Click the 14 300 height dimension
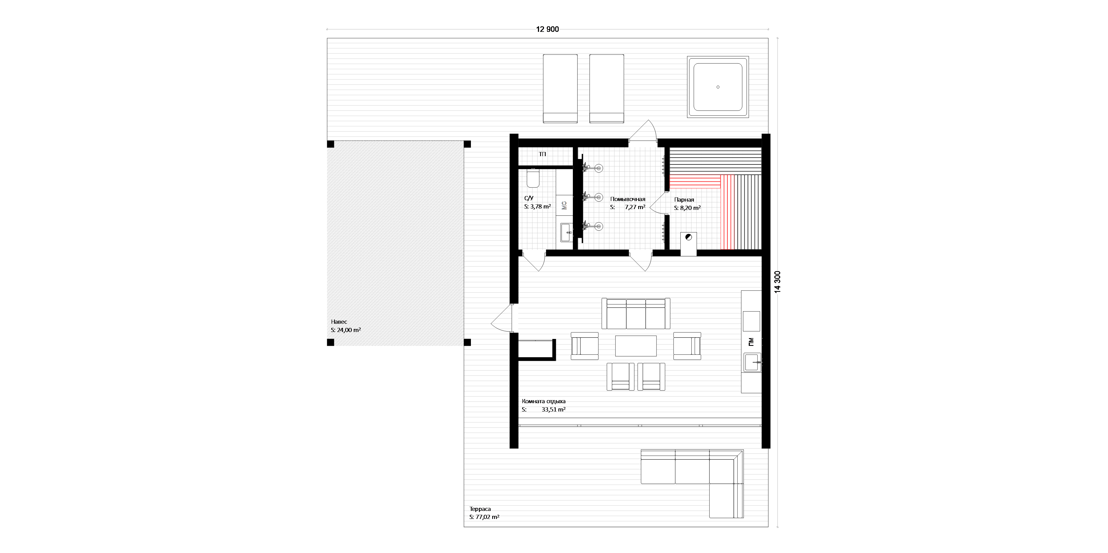[x=777, y=282]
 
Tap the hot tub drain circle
[x=718, y=87]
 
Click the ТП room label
[x=542, y=154]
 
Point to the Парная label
[x=684, y=200]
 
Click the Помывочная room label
[x=628, y=199]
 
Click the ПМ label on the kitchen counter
[x=751, y=342]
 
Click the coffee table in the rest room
[x=636, y=346]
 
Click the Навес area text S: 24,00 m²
[x=346, y=330]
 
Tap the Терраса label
[x=480, y=509]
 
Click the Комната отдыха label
[x=544, y=401]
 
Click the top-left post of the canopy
[x=330, y=144]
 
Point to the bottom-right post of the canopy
[x=467, y=342]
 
